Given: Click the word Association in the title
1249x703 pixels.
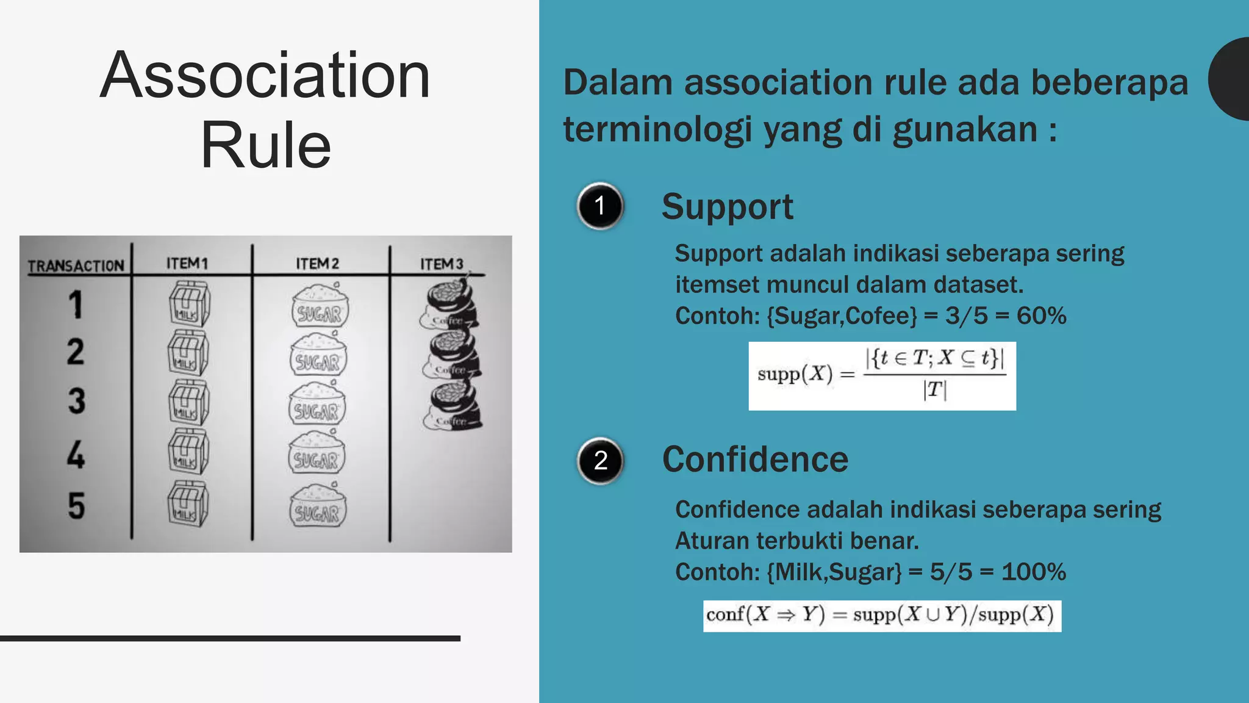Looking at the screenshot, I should click(265, 76).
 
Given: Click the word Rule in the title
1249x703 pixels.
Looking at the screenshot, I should click(265, 145).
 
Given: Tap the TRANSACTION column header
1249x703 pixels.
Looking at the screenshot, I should click(76, 266).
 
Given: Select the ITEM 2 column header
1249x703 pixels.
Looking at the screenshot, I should click(317, 264).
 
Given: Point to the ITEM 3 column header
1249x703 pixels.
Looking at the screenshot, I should click(442, 264).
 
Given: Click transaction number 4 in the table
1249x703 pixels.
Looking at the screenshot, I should click(76, 455).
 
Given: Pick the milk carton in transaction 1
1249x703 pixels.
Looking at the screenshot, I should click(190, 304).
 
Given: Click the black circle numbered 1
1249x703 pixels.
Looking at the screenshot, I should click(600, 206).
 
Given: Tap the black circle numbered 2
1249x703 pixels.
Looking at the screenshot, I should click(600, 461).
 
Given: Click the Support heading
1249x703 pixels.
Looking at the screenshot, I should click(728, 207).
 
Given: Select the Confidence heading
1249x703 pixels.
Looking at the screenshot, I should click(755, 460).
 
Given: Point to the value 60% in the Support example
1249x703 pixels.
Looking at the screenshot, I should click(1042, 316).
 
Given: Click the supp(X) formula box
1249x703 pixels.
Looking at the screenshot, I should click(882, 376).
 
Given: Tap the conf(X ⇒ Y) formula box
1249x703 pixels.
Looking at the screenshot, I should click(882, 616).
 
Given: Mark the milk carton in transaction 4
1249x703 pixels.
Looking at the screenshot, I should click(188, 452).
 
